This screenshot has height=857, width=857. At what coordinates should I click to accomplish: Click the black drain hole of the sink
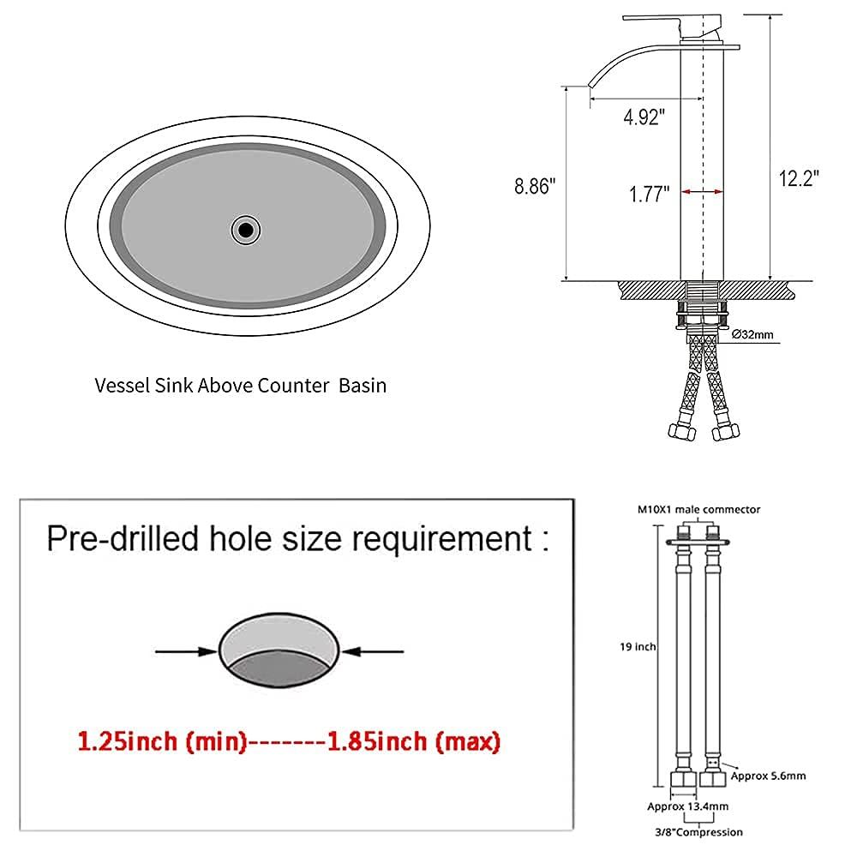pos(246,230)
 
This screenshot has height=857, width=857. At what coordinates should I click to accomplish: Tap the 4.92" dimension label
pos(644,117)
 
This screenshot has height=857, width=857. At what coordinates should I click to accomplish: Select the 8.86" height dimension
pos(535,186)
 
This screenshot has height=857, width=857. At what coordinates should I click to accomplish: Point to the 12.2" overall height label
pos(799,179)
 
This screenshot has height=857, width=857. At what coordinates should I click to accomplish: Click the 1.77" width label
pos(649,194)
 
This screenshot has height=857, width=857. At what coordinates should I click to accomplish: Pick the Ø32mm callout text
pos(752,334)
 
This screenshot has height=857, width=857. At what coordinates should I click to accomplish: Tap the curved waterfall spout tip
pos(590,84)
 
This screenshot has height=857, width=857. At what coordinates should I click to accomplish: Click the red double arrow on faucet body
pos(703,192)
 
